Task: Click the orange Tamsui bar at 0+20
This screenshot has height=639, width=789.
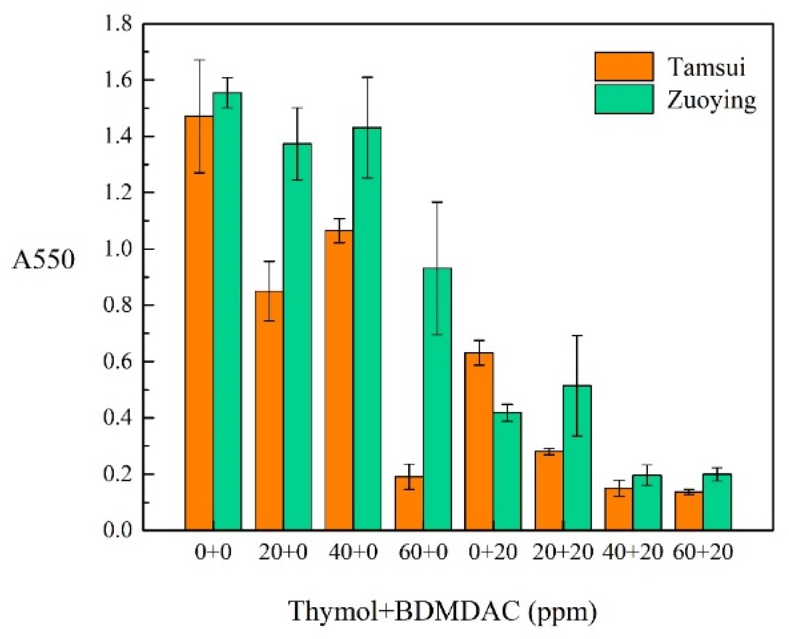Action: tap(479, 442)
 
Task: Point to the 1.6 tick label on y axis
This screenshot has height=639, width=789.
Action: tap(118, 80)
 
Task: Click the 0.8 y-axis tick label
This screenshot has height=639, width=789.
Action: tap(118, 305)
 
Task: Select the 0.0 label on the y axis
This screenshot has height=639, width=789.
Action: tap(118, 530)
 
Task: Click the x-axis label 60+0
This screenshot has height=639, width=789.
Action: tap(423, 552)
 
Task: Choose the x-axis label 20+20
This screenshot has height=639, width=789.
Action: tap(563, 552)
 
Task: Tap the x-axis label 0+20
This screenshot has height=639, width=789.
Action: tap(493, 552)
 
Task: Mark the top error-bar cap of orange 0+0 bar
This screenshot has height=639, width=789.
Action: tap(199, 60)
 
